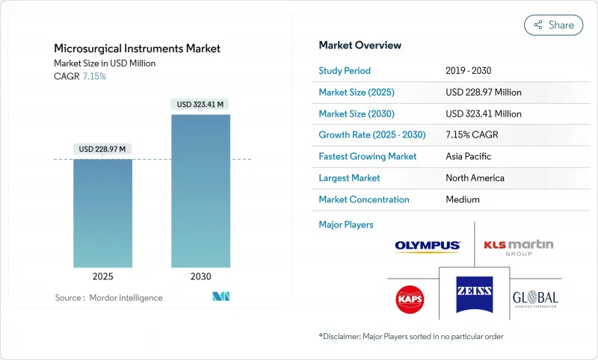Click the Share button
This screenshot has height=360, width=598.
pos(553,25)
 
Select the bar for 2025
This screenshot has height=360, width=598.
pos(102,213)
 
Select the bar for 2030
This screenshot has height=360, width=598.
pos(200,190)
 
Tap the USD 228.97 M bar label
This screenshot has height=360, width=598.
pos(102,149)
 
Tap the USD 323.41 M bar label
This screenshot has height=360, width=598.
pos(200,104)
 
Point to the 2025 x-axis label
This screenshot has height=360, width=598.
pos(102,276)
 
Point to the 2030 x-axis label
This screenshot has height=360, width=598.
pos(200,276)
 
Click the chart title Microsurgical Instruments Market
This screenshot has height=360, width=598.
pos(137,49)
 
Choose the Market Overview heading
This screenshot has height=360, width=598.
pos(360,45)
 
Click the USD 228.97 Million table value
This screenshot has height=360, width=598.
pos(483,93)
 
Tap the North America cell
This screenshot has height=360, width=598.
pos(475,178)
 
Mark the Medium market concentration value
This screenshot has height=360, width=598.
pos(462,199)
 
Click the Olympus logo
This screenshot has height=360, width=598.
pos(428,245)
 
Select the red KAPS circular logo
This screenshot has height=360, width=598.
pos(410,299)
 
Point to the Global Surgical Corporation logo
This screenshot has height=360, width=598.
pos(535,299)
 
